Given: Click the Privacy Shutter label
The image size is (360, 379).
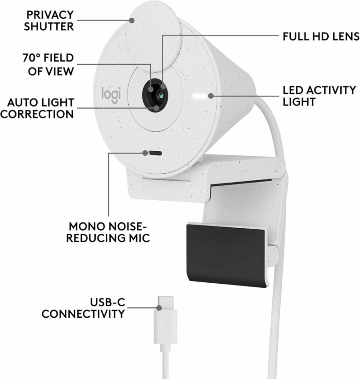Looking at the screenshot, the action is pos(49,21).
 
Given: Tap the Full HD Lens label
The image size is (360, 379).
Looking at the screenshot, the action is pos(321,37).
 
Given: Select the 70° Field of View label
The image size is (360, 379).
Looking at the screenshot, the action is pos(48,64).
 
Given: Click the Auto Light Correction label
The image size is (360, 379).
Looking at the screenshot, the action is pos(37,108).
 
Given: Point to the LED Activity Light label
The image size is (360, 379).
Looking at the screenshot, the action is pos(319,96).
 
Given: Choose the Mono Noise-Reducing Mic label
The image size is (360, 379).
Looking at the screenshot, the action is pos(108,232).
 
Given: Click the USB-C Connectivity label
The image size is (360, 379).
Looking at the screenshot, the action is pos(83,308).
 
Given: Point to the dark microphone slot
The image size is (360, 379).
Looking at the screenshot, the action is pos(155,153).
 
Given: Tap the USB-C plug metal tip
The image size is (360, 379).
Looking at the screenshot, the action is pos(165,303).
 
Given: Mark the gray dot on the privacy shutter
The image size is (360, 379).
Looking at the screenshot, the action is pos(132,20).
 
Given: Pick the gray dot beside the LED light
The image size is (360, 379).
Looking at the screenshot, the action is pos(211,96).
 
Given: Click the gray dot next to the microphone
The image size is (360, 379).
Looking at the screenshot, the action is pos(145,153).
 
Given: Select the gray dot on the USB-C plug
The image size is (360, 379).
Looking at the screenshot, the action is pos(159,308).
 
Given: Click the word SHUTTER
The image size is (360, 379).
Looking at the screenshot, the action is pos(49,26).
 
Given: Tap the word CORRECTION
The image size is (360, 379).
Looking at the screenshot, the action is pos(37,114).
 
